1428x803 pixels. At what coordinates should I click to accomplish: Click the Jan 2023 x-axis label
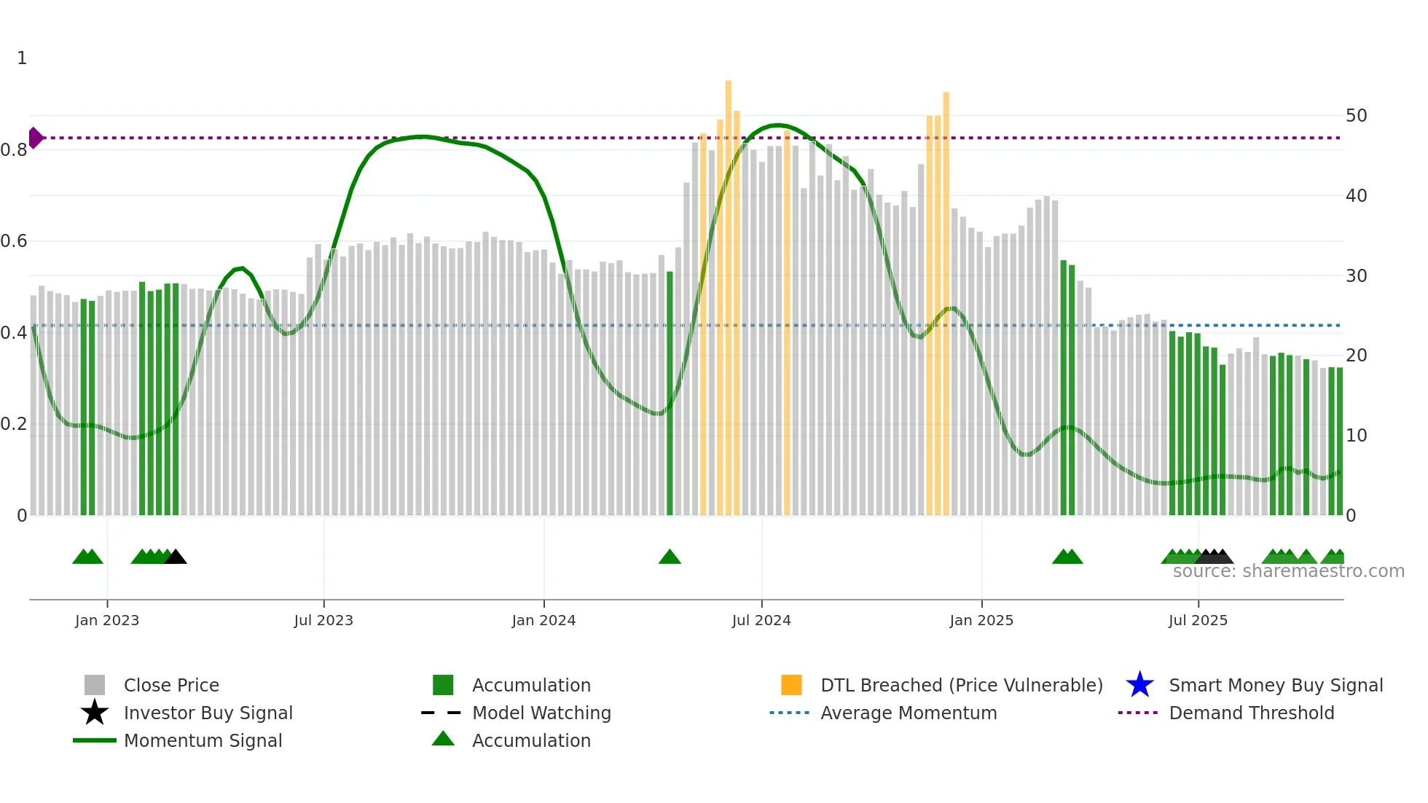(107, 621)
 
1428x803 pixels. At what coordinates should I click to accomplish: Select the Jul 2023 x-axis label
(323, 621)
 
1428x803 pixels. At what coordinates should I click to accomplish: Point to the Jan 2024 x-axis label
(544, 621)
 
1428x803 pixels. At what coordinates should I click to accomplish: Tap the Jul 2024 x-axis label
(761, 621)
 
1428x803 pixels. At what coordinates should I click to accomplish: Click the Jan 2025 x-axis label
(981, 621)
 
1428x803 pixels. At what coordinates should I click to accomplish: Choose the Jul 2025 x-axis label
(1198, 621)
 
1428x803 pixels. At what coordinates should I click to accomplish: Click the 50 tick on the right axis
(1356, 116)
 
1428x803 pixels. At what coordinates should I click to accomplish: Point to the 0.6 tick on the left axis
(14, 241)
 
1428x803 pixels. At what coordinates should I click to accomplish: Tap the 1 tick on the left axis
(22, 58)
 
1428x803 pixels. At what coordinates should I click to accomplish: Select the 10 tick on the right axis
(1356, 436)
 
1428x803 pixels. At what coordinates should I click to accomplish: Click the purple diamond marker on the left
(35, 138)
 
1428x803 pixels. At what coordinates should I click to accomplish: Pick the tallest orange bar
(728, 291)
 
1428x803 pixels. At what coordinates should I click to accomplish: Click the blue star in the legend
(1139, 685)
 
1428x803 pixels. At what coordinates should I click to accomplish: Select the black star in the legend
(95, 713)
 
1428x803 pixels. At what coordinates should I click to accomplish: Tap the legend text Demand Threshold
(1251, 713)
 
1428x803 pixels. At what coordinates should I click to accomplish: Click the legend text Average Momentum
(909, 713)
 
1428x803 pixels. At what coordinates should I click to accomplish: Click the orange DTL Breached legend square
(791, 685)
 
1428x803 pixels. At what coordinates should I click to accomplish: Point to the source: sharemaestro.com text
(1288, 571)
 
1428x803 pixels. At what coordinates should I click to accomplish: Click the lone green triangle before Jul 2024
(670, 557)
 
